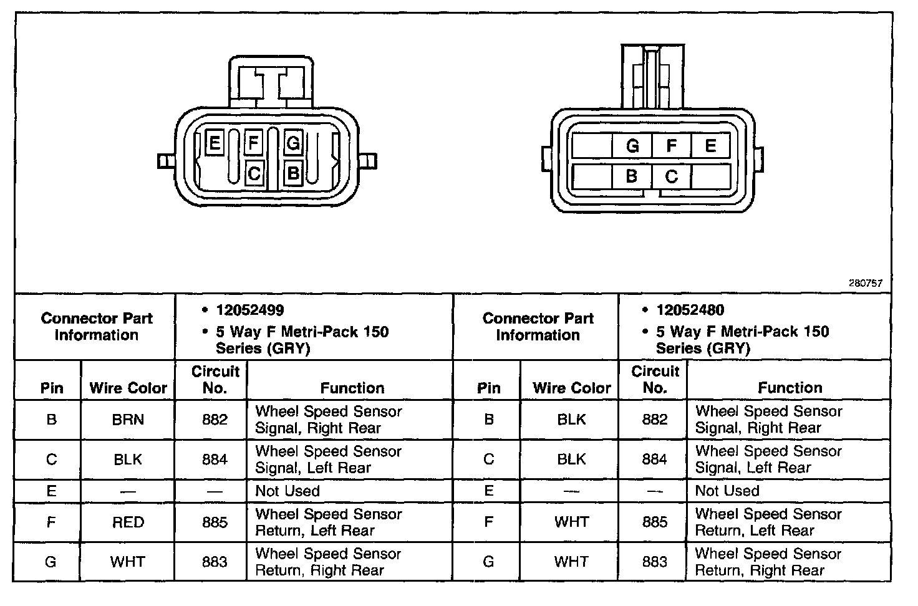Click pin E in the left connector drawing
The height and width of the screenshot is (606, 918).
(215, 144)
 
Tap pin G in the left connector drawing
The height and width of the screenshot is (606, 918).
(292, 144)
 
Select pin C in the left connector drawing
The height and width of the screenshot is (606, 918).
(254, 174)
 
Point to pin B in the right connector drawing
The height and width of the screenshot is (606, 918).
(632, 176)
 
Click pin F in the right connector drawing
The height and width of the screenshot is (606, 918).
(672, 146)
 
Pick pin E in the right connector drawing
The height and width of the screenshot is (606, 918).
(710, 146)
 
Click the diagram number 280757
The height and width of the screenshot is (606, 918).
(865, 283)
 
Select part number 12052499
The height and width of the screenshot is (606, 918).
(249, 310)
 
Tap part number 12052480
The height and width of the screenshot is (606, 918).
(690, 310)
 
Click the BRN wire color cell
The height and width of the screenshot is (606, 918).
(128, 420)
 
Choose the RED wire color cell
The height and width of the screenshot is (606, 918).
(128, 522)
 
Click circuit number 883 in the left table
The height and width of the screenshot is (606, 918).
(215, 562)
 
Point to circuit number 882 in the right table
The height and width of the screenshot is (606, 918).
(655, 420)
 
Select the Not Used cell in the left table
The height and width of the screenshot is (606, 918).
(287, 491)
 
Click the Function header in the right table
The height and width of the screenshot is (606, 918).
(790, 388)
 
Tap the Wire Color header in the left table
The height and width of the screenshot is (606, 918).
(128, 388)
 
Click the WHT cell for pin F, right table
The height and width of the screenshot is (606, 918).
(571, 522)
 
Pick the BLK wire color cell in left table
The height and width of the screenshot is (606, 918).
(128, 459)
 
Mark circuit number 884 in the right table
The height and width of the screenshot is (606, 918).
(655, 459)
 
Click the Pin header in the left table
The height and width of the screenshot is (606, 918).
(52, 388)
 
